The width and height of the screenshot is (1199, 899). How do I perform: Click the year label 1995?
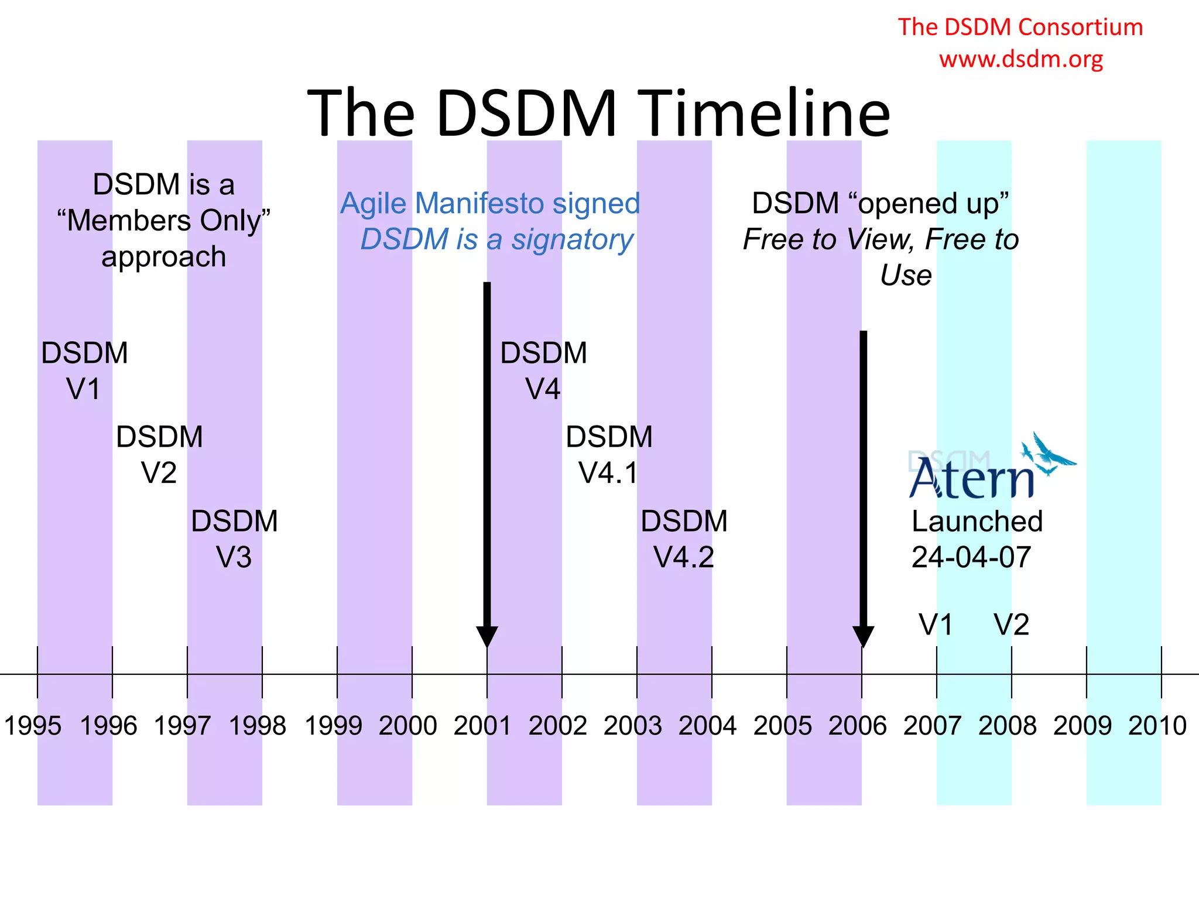tap(33, 726)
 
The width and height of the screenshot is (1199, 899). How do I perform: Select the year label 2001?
tap(483, 726)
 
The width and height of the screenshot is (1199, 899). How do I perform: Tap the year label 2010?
tap(1157, 726)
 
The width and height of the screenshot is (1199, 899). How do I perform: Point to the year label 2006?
tap(858, 726)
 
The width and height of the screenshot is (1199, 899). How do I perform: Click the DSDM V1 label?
tap(84, 371)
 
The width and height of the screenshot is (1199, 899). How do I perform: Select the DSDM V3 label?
tap(234, 539)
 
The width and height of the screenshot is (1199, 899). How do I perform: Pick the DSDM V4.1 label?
tap(609, 455)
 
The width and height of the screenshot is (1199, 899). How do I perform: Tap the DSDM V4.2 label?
tap(684, 539)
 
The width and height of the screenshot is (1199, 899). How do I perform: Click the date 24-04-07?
tap(971, 557)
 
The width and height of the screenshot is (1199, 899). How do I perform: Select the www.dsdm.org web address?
tap(1021, 59)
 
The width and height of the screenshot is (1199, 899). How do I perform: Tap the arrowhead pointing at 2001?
tap(487, 636)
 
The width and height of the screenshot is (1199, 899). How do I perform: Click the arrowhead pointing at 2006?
tap(863, 636)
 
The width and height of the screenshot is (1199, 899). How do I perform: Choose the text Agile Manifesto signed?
tap(490, 204)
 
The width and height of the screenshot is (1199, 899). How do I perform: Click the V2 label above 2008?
tap(1011, 625)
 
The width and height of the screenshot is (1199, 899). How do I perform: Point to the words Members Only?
tap(164, 221)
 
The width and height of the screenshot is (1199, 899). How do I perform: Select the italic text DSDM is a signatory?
tap(496, 240)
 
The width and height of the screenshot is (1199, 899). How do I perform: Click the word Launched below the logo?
tap(977, 521)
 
